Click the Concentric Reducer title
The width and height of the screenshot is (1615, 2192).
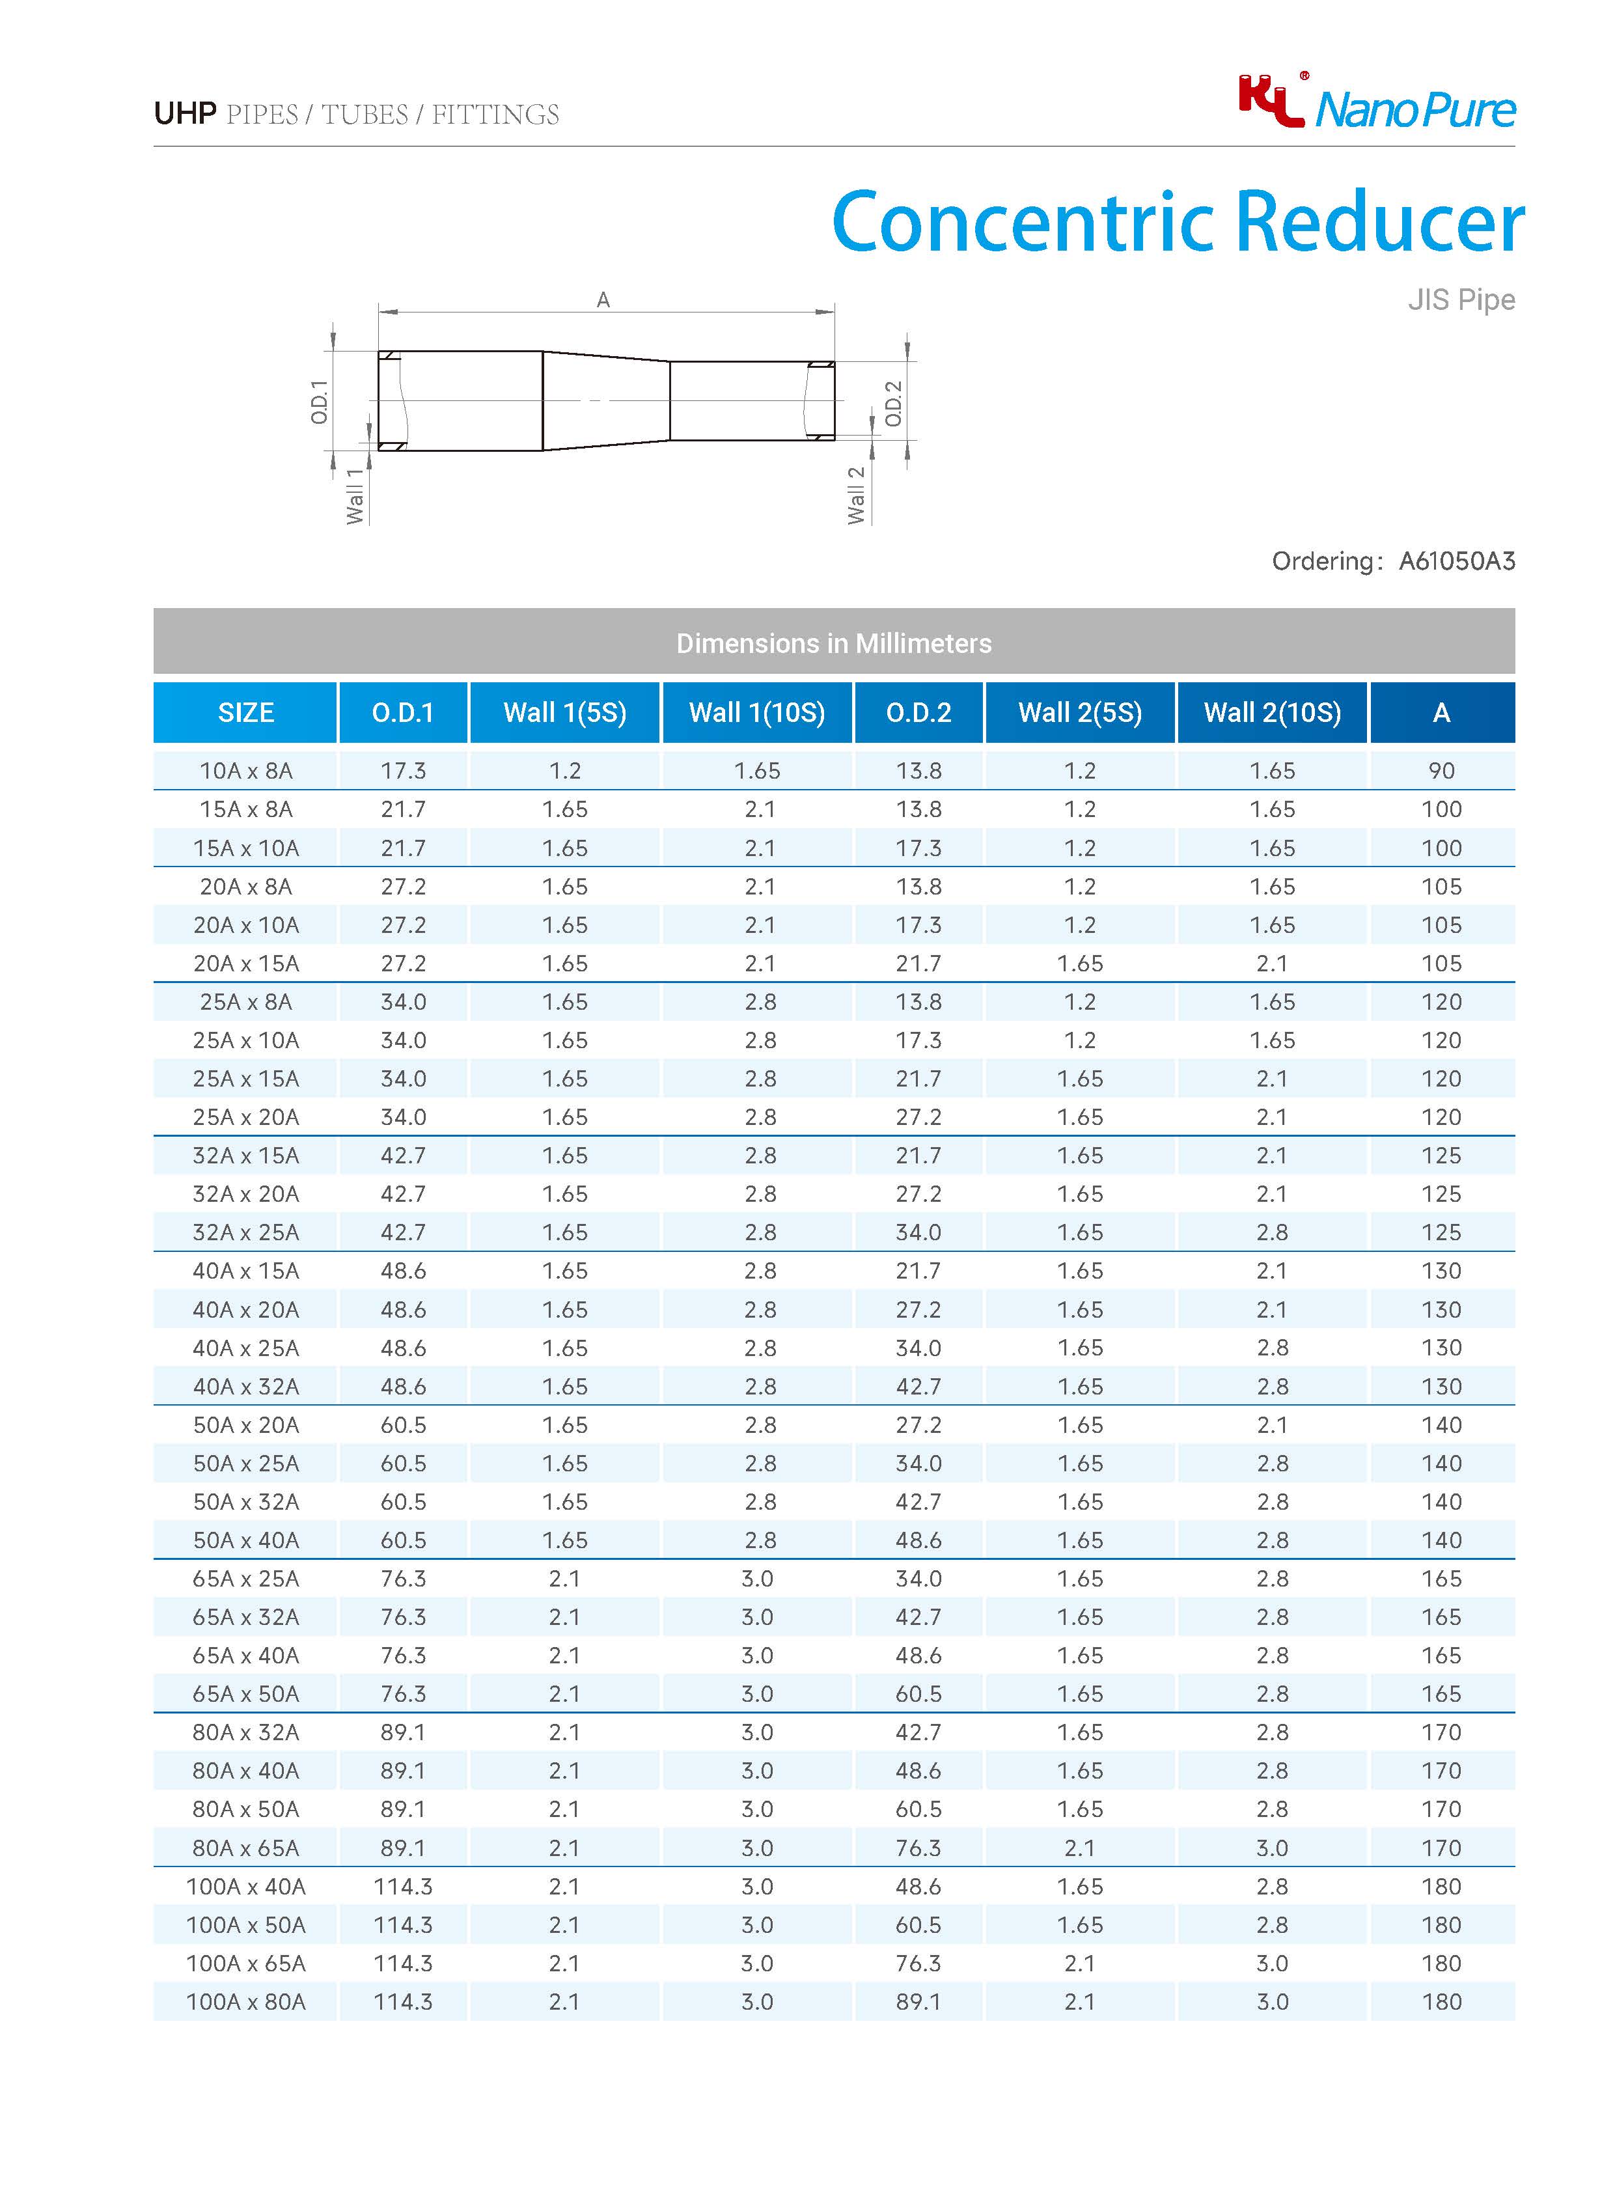tap(1177, 222)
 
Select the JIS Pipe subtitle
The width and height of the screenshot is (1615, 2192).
tap(1461, 299)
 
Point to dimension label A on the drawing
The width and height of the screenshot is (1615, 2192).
tap(603, 300)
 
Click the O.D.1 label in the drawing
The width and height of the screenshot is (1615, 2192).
tap(320, 402)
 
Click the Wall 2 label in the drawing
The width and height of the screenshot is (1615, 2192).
tap(857, 495)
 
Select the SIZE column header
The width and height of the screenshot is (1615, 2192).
tap(245, 713)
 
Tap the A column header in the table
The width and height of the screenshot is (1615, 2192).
tap(1441, 713)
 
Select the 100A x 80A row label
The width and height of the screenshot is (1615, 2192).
tap(245, 2001)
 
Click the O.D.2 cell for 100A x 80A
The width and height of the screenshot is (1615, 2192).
tap(918, 2001)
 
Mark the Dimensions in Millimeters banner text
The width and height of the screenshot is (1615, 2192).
tap(833, 643)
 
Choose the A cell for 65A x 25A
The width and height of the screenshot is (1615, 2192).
tap(1441, 1578)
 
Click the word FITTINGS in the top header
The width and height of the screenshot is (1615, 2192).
tap(495, 115)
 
